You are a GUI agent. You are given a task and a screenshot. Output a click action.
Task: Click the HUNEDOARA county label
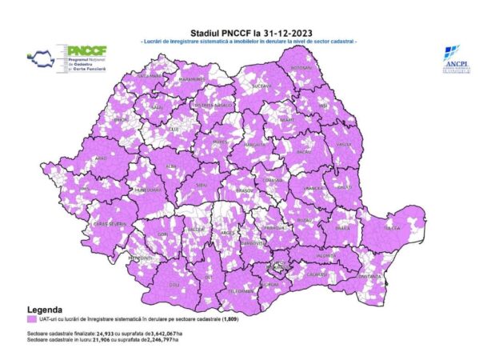tap(150, 190)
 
